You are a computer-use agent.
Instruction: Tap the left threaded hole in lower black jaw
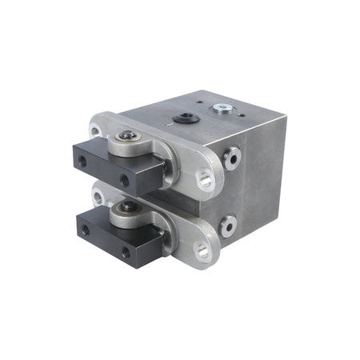[86, 230]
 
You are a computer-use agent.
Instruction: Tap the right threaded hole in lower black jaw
[125, 250]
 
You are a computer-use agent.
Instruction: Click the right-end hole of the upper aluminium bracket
[205, 179]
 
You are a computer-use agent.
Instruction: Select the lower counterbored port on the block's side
[229, 227]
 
